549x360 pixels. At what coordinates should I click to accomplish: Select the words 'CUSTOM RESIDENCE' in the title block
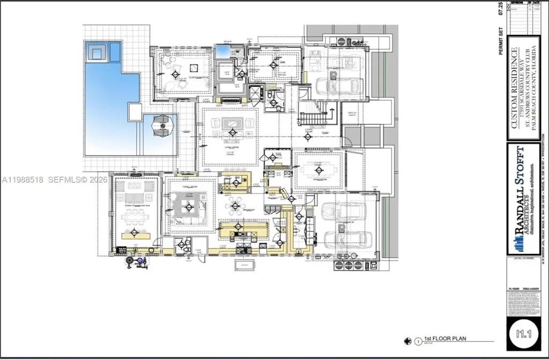click(x=514, y=88)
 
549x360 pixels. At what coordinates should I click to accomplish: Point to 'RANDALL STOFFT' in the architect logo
click(x=520, y=190)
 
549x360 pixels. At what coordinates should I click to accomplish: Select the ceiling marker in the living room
click(x=233, y=132)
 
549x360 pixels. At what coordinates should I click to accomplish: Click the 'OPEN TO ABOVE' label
click(x=352, y=113)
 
